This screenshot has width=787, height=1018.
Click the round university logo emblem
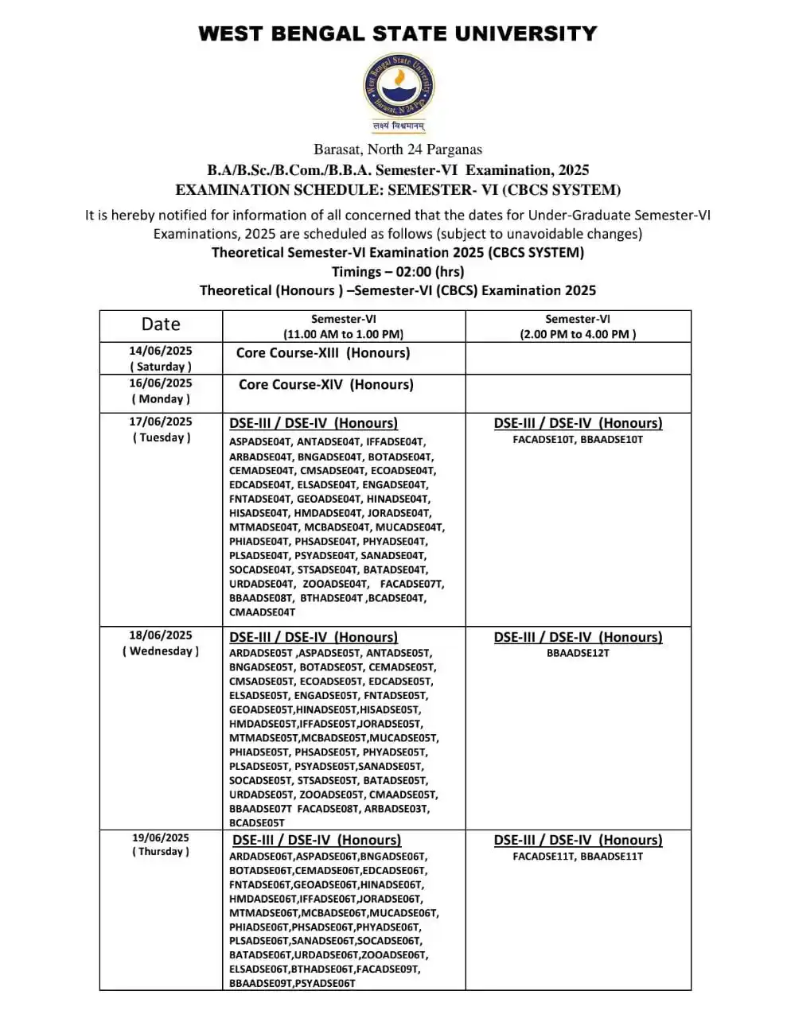click(399, 86)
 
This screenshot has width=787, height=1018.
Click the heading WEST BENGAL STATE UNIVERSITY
click(397, 33)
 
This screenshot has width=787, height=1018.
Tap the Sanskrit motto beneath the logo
click(399, 126)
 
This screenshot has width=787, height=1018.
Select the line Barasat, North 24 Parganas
click(397, 150)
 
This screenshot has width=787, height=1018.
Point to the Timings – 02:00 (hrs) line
click(397, 271)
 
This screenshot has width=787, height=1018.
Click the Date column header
click(161, 324)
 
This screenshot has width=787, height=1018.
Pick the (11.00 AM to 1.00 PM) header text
click(343, 334)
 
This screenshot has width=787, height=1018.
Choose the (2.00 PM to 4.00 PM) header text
click(578, 334)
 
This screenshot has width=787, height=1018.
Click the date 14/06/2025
click(161, 351)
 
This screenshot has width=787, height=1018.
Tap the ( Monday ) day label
click(161, 399)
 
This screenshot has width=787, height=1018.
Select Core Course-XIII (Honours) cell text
click(323, 353)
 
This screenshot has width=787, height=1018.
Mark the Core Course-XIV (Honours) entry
click(325, 385)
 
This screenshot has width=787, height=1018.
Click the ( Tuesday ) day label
click(161, 437)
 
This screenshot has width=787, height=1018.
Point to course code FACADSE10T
click(543, 440)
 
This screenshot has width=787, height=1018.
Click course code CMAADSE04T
click(262, 612)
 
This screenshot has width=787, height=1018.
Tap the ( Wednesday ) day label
click(161, 651)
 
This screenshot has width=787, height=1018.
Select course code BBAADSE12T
click(578, 653)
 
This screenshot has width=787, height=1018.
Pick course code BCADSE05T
click(256, 823)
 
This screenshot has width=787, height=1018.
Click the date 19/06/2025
click(161, 837)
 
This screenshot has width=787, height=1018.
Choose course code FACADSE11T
click(543, 857)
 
